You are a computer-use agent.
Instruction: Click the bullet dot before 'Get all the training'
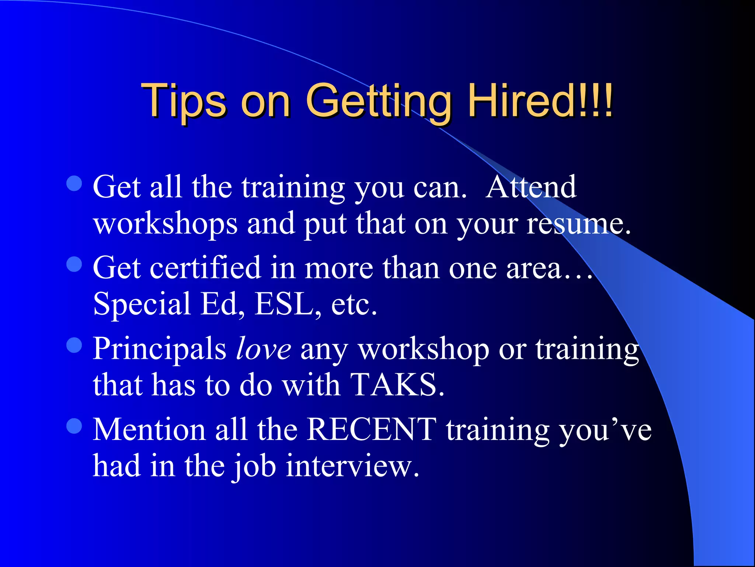point(74,183)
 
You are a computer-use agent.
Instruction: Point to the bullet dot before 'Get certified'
point(74,264)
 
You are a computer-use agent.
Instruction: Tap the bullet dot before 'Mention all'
point(74,426)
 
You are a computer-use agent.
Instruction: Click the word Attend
point(531,187)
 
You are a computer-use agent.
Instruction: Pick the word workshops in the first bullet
point(165,224)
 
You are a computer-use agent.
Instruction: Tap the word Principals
point(159,349)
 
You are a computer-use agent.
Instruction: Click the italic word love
point(263,348)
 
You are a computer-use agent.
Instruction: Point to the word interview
point(352,466)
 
